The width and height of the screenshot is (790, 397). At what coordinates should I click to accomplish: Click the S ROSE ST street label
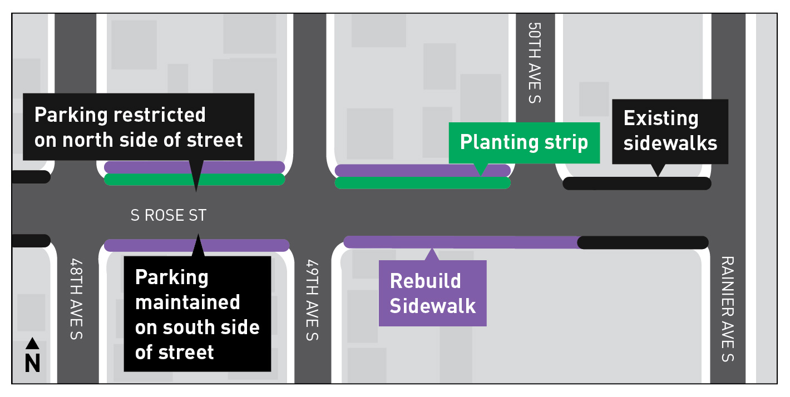[168, 215]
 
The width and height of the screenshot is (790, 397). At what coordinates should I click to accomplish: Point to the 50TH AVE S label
[534, 63]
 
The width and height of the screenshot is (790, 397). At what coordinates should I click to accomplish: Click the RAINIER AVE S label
[727, 309]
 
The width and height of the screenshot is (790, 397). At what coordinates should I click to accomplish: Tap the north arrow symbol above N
[33, 343]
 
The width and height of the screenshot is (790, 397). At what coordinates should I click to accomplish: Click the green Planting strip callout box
[524, 142]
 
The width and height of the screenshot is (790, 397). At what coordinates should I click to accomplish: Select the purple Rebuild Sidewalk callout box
[432, 293]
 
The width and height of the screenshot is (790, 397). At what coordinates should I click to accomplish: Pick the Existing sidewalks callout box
[670, 131]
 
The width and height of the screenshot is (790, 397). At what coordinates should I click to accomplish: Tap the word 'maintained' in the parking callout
[187, 302]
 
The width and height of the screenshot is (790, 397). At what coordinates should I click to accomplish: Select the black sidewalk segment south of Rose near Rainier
[643, 242]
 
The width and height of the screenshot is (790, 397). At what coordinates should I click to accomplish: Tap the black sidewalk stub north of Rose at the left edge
[31, 177]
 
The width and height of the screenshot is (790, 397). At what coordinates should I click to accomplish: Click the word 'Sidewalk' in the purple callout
[432, 306]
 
